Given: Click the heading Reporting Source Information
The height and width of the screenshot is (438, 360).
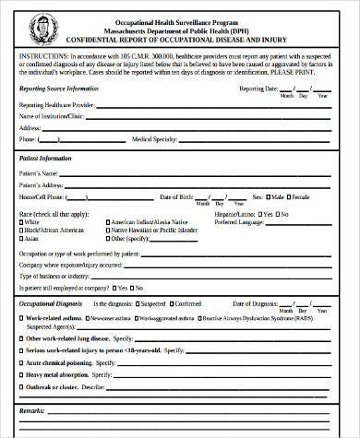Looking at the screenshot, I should (x=59, y=89).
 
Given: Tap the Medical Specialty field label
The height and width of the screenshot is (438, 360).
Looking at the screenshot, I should (x=158, y=139).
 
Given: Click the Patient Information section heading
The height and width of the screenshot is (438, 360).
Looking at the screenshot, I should (x=45, y=159).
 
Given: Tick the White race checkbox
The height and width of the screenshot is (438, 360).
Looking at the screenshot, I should (x=22, y=222).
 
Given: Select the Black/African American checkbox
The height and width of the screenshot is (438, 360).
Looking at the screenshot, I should (x=22, y=231).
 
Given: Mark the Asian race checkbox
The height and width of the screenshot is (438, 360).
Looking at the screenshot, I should (x=22, y=239).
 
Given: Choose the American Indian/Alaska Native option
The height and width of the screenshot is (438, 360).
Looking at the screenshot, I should (x=106, y=222).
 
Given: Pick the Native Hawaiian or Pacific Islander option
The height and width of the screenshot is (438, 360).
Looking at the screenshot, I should (x=106, y=231).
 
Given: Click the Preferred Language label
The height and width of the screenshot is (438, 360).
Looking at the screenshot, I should (x=238, y=222).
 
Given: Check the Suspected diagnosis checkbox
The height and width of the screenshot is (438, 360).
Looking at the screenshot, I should (x=138, y=303).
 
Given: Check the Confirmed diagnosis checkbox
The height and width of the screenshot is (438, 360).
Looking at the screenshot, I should (x=172, y=303).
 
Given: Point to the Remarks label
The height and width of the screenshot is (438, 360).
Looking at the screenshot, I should (x=32, y=408).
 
